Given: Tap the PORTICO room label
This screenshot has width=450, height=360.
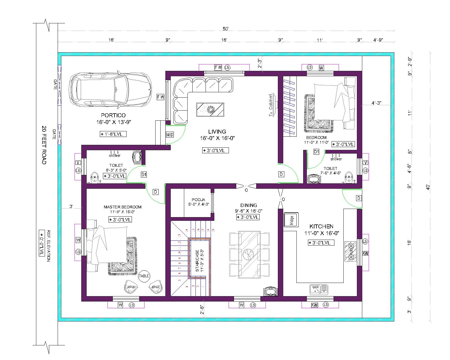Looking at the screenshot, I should [113, 115].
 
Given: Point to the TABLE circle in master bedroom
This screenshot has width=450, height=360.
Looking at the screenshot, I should [144, 276].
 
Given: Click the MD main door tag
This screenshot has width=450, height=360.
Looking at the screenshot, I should [170, 135].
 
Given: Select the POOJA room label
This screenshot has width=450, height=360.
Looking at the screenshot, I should [199, 200].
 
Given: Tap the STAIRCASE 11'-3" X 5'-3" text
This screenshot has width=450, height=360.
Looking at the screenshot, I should [199, 260].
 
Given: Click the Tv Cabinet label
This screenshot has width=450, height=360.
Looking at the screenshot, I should [271, 105].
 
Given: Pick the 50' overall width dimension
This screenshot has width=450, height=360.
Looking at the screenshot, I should [226, 29].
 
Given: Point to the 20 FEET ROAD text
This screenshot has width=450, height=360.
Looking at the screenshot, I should [44, 145].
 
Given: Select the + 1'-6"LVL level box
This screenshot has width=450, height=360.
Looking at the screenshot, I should [113, 134].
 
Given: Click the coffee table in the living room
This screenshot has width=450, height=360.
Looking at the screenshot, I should [210, 109].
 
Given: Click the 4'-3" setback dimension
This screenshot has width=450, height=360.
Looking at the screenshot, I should [376, 103].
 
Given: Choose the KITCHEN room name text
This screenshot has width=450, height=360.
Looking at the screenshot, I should [321, 226].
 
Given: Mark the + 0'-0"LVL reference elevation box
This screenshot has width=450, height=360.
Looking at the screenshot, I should [41, 243].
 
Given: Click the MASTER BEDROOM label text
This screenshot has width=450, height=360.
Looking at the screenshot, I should [122, 207].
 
